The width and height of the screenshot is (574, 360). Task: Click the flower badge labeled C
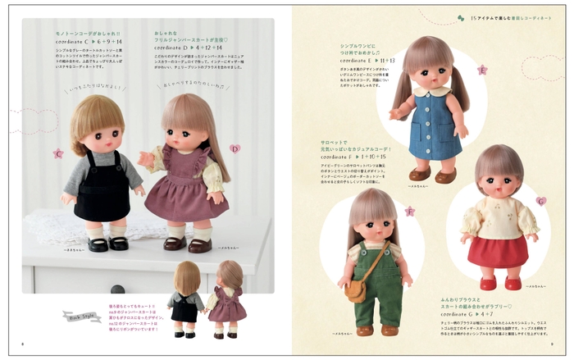58,153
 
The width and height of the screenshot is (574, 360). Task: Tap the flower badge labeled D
235,148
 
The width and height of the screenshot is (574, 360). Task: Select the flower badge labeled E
482,70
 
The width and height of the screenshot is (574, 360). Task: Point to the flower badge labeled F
409,211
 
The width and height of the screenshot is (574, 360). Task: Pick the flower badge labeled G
540,200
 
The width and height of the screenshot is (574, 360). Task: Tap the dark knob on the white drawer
116,289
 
